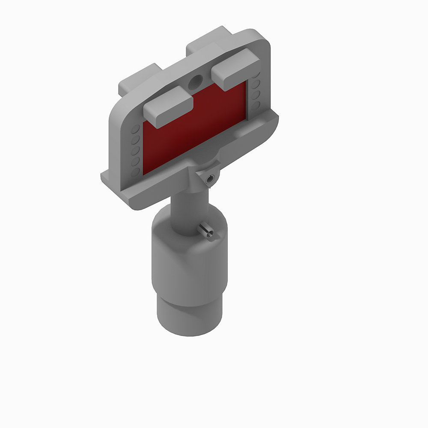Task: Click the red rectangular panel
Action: pos(195,128)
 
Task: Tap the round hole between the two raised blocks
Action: pos(196,81)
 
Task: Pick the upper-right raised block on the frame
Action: pos(235,68)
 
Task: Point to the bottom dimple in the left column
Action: pos(135,172)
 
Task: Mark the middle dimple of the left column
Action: pos(135,151)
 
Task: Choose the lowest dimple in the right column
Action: pos(256,105)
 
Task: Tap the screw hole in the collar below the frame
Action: pos(209,180)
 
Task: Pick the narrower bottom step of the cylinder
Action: pos(188,317)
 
